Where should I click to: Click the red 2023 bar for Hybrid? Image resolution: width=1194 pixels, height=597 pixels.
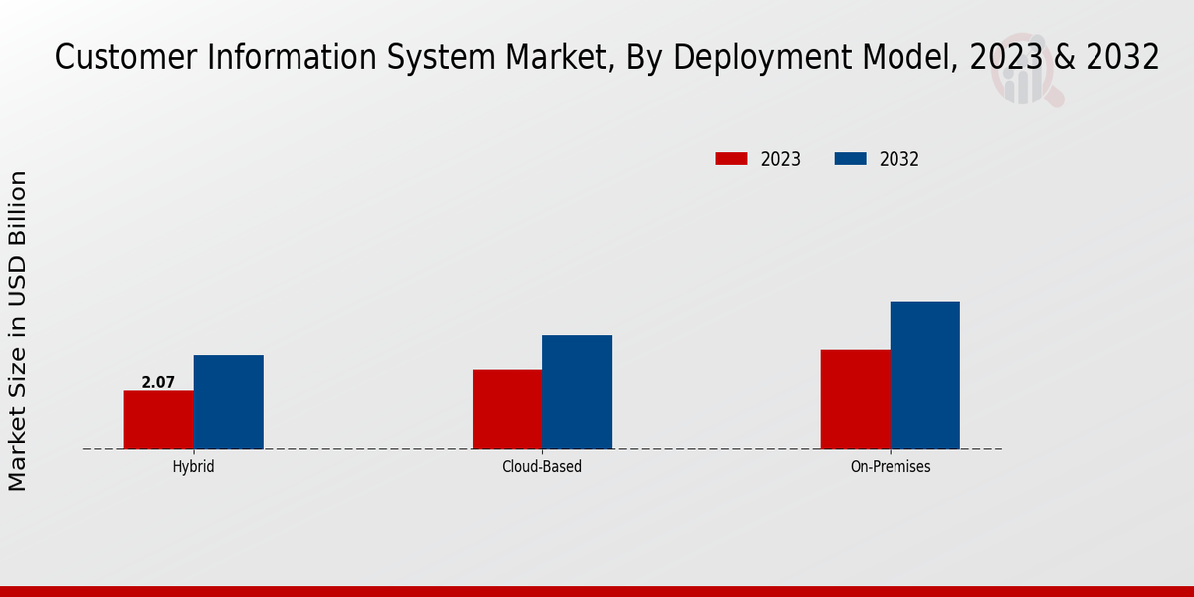pyautogui.click(x=159, y=419)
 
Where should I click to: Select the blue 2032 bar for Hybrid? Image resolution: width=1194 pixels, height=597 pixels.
pyautogui.click(x=229, y=402)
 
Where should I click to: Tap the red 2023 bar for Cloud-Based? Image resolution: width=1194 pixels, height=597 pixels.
pyautogui.click(x=507, y=409)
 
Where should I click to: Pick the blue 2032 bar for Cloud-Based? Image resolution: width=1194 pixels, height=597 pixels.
pyautogui.click(x=577, y=392)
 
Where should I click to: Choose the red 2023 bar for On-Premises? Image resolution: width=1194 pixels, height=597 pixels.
pyautogui.click(x=856, y=399)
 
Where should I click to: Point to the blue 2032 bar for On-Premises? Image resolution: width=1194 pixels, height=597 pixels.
pyautogui.click(x=925, y=375)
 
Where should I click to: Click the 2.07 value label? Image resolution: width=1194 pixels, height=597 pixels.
pyautogui.click(x=158, y=382)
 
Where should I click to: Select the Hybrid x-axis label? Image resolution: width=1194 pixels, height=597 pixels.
pyautogui.click(x=193, y=466)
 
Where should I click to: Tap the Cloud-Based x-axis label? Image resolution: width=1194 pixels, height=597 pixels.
pyautogui.click(x=542, y=466)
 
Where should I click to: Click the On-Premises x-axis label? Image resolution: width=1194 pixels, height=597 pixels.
pyautogui.click(x=891, y=466)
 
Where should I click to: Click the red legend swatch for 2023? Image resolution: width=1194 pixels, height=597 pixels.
pyautogui.click(x=731, y=159)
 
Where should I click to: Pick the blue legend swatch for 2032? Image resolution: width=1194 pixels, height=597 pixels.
pyautogui.click(x=850, y=159)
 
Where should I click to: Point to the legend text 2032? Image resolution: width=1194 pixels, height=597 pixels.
pyautogui.click(x=899, y=159)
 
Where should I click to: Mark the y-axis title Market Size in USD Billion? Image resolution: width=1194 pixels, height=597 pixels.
pyautogui.click(x=18, y=330)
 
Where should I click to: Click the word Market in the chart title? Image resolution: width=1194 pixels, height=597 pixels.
pyautogui.click(x=553, y=58)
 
